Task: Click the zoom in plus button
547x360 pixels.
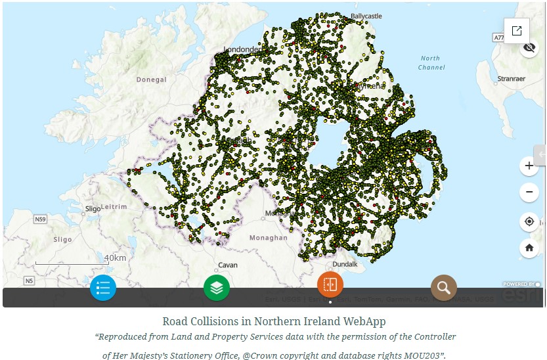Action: tap(529, 166)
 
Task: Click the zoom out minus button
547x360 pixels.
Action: tap(529, 192)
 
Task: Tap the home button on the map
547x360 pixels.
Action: tap(529, 248)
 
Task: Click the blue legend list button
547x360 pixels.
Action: tap(103, 287)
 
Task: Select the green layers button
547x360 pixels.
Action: tap(217, 287)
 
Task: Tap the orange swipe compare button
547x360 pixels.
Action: tap(330, 284)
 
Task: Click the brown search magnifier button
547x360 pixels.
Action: tap(444, 287)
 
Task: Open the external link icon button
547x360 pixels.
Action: tap(517, 30)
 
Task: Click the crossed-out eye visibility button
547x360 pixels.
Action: tap(530, 48)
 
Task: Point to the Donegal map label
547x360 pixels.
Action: tap(151, 79)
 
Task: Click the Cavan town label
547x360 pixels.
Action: tap(227, 265)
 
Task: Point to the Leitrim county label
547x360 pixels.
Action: tap(116, 206)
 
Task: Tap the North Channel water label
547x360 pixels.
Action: tap(430, 62)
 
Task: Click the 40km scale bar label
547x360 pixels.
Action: tap(115, 258)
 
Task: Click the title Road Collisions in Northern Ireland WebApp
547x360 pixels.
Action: tap(274, 321)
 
